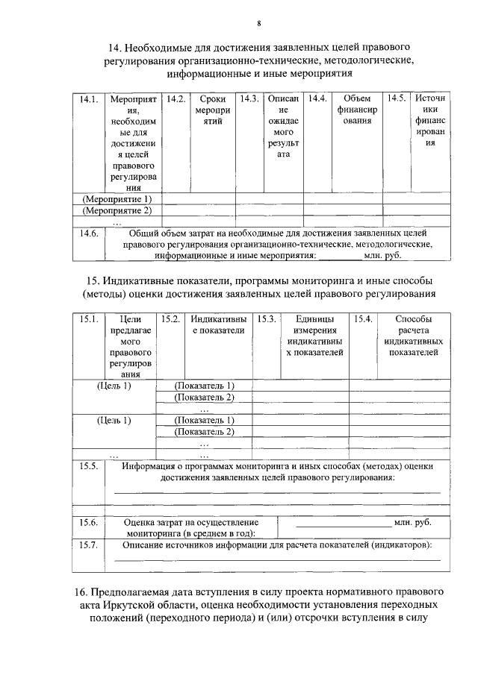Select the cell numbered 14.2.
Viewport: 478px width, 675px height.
click(176, 99)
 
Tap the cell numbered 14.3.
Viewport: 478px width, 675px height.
click(249, 99)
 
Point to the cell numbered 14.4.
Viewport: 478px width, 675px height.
click(317, 99)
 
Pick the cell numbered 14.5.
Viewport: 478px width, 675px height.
click(396, 99)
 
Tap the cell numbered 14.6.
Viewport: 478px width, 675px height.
click(89, 233)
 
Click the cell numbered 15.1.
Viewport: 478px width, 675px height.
click(89, 320)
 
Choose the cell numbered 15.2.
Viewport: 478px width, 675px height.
click(172, 320)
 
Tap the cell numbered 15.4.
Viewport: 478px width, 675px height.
click(363, 320)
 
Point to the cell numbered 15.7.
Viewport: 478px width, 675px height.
click(89, 545)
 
